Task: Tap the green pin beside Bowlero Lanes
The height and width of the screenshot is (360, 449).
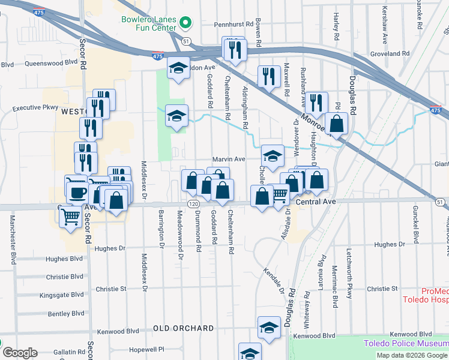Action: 185,24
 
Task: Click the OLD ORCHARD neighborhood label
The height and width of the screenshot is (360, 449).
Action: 183,328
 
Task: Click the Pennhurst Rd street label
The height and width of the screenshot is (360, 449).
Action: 221,26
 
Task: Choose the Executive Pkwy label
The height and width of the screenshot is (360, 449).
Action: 35,109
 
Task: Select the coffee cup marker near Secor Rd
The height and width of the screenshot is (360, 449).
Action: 76,191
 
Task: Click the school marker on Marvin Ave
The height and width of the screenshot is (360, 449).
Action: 273,157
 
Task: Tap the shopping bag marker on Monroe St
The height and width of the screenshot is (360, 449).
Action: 338,124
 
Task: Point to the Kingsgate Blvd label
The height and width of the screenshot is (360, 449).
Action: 61,295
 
